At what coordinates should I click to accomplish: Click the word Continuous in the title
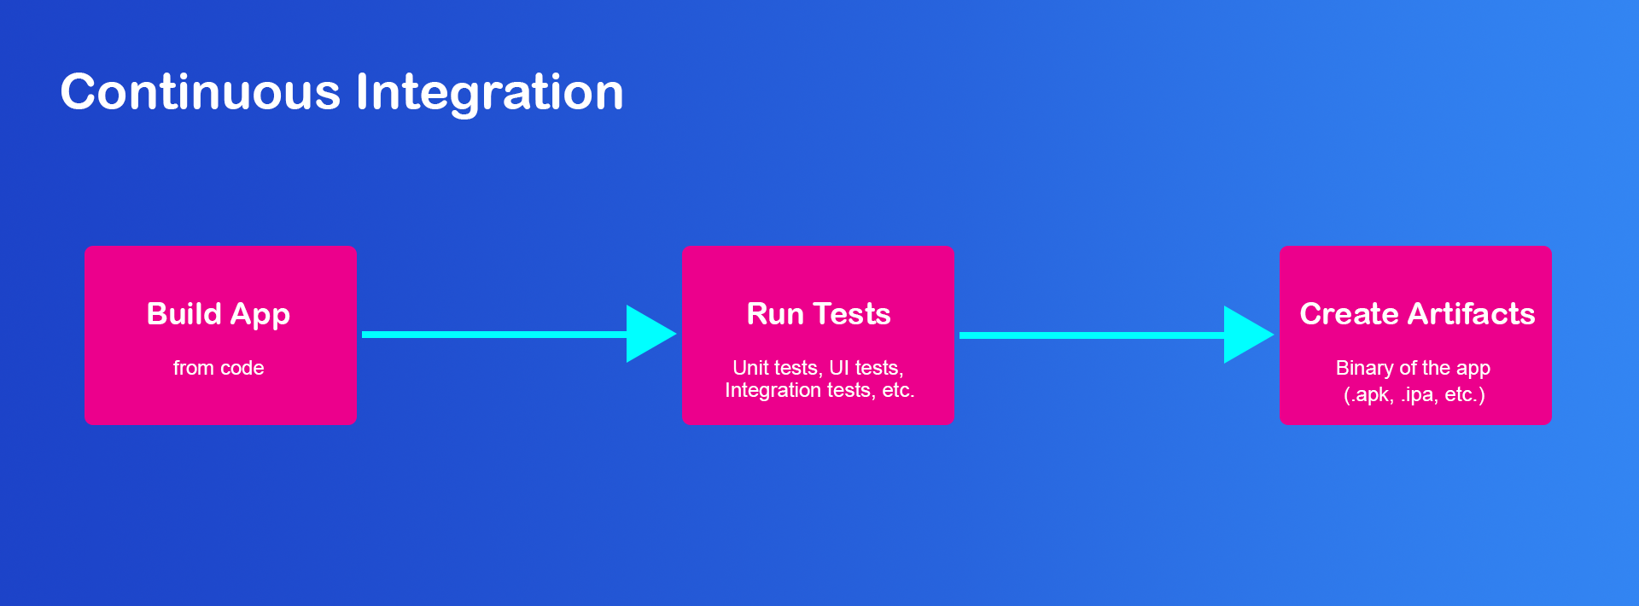[x=201, y=91]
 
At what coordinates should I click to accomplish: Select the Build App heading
[x=219, y=315]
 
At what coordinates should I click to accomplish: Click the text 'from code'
[x=219, y=368]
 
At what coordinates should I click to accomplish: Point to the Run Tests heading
[x=819, y=313]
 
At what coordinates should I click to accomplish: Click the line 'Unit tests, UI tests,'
[x=818, y=368]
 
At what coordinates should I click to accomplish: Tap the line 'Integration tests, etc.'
[x=819, y=390]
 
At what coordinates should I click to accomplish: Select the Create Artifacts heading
[x=1417, y=313]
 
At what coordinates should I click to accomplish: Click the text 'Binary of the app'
[x=1413, y=368]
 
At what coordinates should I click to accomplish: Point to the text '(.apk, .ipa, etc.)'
[x=1414, y=394]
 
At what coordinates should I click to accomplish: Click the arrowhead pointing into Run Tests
[x=651, y=334]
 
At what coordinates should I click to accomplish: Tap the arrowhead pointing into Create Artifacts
[x=1249, y=335]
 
